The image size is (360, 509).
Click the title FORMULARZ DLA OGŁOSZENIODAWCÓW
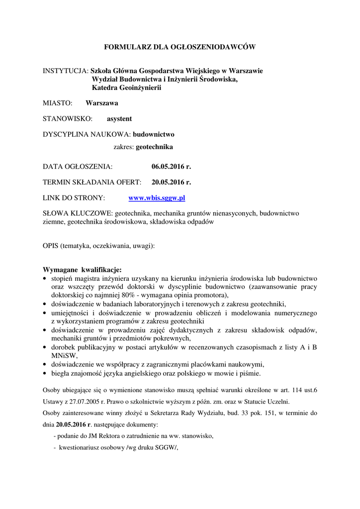click(x=180, y=47)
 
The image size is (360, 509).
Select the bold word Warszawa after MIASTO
click(x=102, y=103)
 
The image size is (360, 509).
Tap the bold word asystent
click(x=119, y=119)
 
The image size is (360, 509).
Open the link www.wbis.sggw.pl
click(x=157, y=198)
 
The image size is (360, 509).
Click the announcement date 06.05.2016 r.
click(x=171, y=166)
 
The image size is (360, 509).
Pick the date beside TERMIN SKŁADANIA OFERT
click(x=171, y=182)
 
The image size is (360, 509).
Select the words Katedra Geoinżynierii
click(x=127, y=87)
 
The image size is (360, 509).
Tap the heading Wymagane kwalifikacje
click(x=82, y=270)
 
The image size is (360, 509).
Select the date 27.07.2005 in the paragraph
click(x=86, y=401)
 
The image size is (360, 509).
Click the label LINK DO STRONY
click(x=74, y=198)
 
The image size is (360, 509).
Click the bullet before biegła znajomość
click(x=45, y=373)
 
